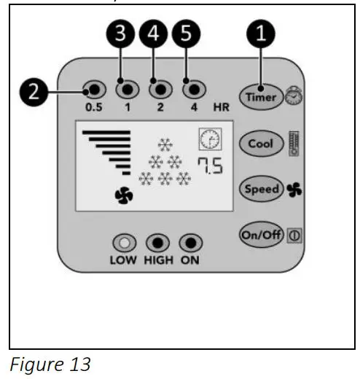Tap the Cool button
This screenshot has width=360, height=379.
260,143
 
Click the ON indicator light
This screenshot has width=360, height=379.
189,243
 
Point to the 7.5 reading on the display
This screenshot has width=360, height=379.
209,166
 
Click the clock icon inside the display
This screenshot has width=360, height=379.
209,140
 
